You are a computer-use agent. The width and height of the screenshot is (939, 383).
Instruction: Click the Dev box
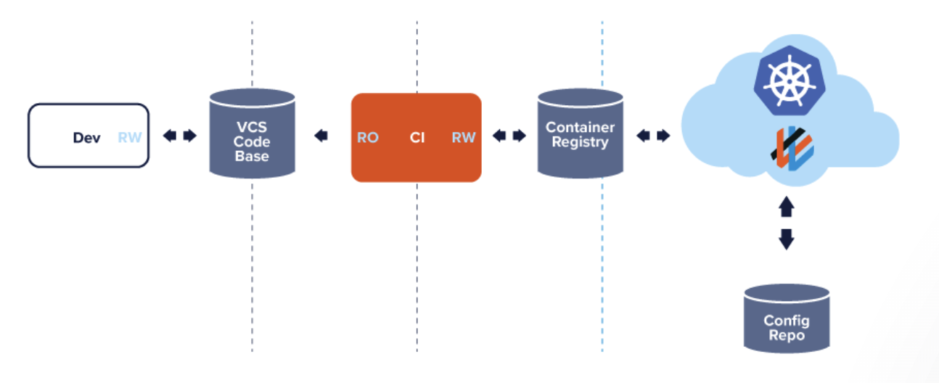tap(88, 136)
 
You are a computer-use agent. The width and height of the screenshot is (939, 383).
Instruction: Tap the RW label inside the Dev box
tap(130, 138)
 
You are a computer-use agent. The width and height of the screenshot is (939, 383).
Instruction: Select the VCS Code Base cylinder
tap(251, 133)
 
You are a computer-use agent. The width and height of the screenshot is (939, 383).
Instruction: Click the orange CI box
tap(416, 137)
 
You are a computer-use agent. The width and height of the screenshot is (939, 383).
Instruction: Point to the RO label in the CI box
tap(367, 138)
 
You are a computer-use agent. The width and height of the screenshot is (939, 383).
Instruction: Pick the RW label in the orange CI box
tap(464, 138)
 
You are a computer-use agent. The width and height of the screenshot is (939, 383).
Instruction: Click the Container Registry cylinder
tap(580, 134)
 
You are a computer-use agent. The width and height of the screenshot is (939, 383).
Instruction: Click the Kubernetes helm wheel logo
tap(787, 78)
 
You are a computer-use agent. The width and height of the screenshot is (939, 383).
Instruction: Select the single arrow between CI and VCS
tap(321, 136)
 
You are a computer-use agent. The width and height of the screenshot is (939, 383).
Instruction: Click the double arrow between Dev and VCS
tap(179, 136)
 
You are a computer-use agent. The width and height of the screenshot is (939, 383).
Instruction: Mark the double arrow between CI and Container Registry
tap(509, 136)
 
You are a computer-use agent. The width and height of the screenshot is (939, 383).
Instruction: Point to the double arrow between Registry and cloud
tap(653, 136)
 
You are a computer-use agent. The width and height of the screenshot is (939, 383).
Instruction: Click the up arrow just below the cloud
tap(787, 208)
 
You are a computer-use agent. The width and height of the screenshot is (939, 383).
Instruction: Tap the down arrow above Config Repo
tap(787, 239)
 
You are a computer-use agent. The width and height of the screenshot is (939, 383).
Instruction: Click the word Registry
tap(580, 142)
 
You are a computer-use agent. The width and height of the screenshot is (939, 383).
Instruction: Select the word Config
tap(787, 321)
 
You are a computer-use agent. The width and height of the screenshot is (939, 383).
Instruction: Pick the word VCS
tap(251, 127)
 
